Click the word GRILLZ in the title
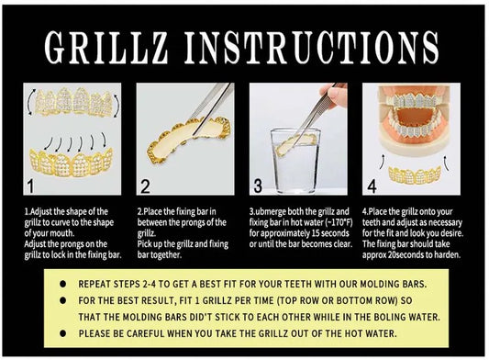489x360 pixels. pyautogui.click(x=106, y=48)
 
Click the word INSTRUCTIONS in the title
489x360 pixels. pyautogui.click(x=312, y=48)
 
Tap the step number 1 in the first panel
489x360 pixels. pyautogui.click(x=30, y=186)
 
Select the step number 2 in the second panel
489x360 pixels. pyautogui.click(x=145, y=186)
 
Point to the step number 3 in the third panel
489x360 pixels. pyautogui.click(x=258, y=186)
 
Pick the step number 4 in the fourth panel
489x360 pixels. pyautogui.click(x=372, y=186)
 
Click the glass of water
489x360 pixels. pyautogui.click(x=295, y=161)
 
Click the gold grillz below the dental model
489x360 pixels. pyautogui.click(x=415, y=174)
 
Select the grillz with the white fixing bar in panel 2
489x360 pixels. pyautogui.click(x=189, y=140)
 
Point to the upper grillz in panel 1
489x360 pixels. pyautogui.click(x=73, y=102)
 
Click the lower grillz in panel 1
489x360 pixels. pyautogui.click(x=72, y=163)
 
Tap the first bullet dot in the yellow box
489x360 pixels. pyautogui.click(x=63, y=284)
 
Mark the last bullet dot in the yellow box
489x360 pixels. pyautogui.click(x=63, y=333)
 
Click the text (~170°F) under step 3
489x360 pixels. pyautogui.click(x=339, y=222)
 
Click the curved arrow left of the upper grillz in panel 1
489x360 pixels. pyautogui.click(x=30, y=101)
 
